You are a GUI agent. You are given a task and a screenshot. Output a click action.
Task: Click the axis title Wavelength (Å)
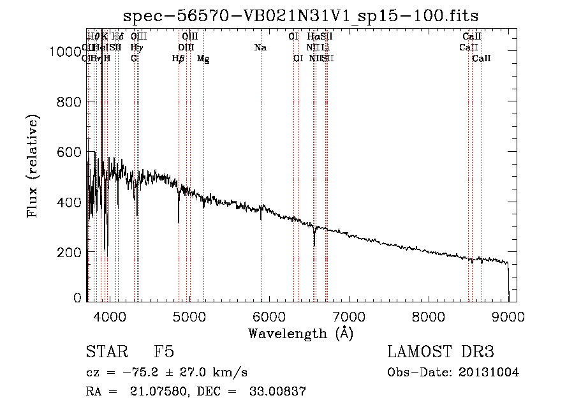pyautogui.click(x=300, y=333)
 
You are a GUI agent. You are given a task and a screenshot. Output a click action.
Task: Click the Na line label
pyautogui.click(x=260, y=48)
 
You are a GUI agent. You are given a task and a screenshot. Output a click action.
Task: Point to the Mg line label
pyautogui.click(x=203, y=59)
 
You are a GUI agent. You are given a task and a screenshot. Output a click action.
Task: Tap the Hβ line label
pyautogui.click(x=179, y=59)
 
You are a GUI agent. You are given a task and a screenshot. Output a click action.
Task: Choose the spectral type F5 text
pyautogui.click(x=164, y=353)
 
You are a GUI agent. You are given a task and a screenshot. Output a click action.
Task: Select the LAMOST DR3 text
pyautogui.click(x=441, y=353)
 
